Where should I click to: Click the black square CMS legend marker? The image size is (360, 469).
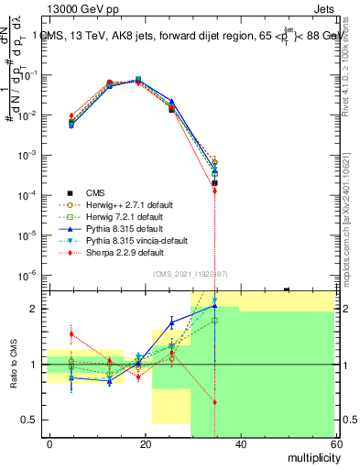(x=69, y=192)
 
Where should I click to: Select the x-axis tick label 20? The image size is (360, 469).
(x=146, y=443)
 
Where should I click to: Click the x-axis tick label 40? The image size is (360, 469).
(x=240, y=443)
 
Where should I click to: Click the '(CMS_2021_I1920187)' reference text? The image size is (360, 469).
(x=190, y=273)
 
